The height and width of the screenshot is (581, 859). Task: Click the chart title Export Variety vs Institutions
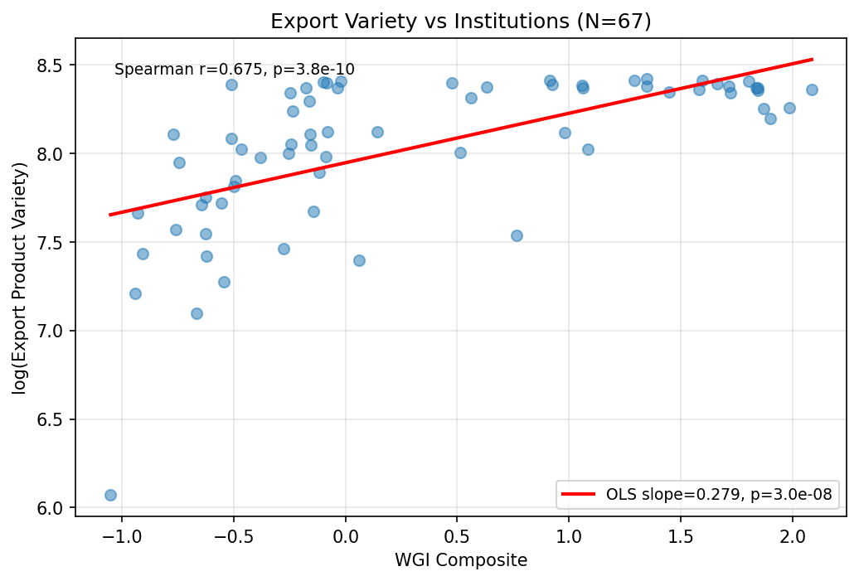[x=460, y=22]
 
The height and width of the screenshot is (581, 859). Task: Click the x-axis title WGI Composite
[x=460, y=560]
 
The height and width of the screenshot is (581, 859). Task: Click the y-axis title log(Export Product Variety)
[x=19, y=278]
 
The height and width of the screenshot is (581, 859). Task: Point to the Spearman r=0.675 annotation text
[x=234, y=70]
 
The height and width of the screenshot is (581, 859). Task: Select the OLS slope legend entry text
[x=719, y=495]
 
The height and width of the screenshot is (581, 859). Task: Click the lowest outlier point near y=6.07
[x=110, y=495]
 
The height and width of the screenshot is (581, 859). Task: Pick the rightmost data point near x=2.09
[x=812, y=90]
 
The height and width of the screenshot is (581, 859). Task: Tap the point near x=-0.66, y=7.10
[x=197, y=313]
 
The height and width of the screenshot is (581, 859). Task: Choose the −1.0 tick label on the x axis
[x=121, y=535]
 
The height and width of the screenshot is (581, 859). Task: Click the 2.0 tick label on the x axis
[x=792, y=535]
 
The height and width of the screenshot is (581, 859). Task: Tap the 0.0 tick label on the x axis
[x=345, y=535]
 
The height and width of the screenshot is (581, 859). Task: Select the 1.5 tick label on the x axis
[x=680, y=535]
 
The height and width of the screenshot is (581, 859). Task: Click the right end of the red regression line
[x=812, y=59]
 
